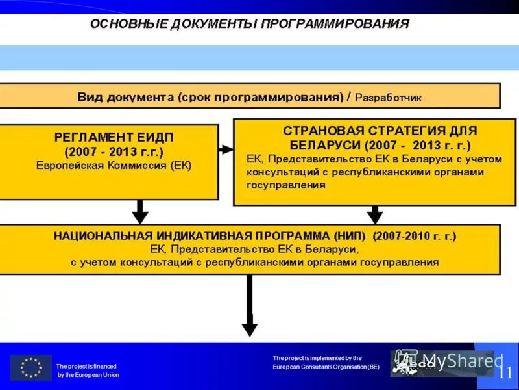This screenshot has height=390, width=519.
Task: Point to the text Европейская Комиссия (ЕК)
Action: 114,166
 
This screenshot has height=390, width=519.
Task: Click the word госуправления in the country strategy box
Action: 285,185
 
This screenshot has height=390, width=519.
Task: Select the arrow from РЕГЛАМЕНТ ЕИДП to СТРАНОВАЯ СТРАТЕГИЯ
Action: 226,149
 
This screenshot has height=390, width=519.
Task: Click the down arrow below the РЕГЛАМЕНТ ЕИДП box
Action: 140,211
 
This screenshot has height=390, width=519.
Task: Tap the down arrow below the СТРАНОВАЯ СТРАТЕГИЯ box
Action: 374,214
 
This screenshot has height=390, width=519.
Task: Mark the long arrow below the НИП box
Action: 249,305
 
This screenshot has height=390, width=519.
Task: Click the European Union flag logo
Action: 30,367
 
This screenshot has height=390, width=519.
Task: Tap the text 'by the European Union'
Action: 89,375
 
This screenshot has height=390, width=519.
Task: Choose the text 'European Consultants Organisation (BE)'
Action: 326,367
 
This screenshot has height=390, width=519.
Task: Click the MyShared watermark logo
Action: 448,363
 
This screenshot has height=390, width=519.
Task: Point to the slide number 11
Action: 505,372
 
